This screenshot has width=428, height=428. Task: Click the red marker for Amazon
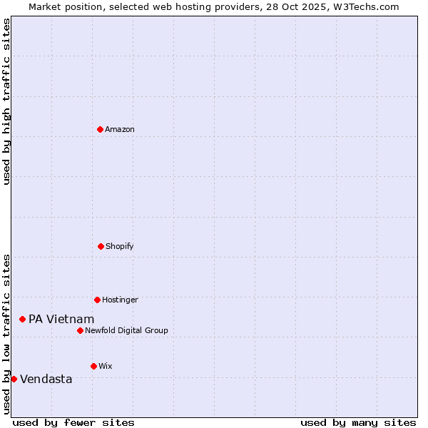100,129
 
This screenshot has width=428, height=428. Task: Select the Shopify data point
101,246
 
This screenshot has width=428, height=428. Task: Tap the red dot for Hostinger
97,300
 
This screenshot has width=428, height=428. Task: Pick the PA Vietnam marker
22,319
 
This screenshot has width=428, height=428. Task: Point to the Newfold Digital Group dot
80,330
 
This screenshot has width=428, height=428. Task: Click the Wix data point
93,366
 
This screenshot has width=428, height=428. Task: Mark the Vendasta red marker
14,379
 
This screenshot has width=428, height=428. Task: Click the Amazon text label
120,129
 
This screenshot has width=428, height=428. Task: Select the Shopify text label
120,246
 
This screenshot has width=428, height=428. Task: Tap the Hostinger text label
120,300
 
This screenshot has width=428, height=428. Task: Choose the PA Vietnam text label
61,319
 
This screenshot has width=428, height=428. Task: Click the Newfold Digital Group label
126,330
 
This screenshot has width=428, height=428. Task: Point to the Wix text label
106,366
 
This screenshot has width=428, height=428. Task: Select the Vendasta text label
46,379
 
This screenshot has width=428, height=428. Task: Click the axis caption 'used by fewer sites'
73,422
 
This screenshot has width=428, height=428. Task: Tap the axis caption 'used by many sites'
358,422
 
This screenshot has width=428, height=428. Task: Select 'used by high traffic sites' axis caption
6,101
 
